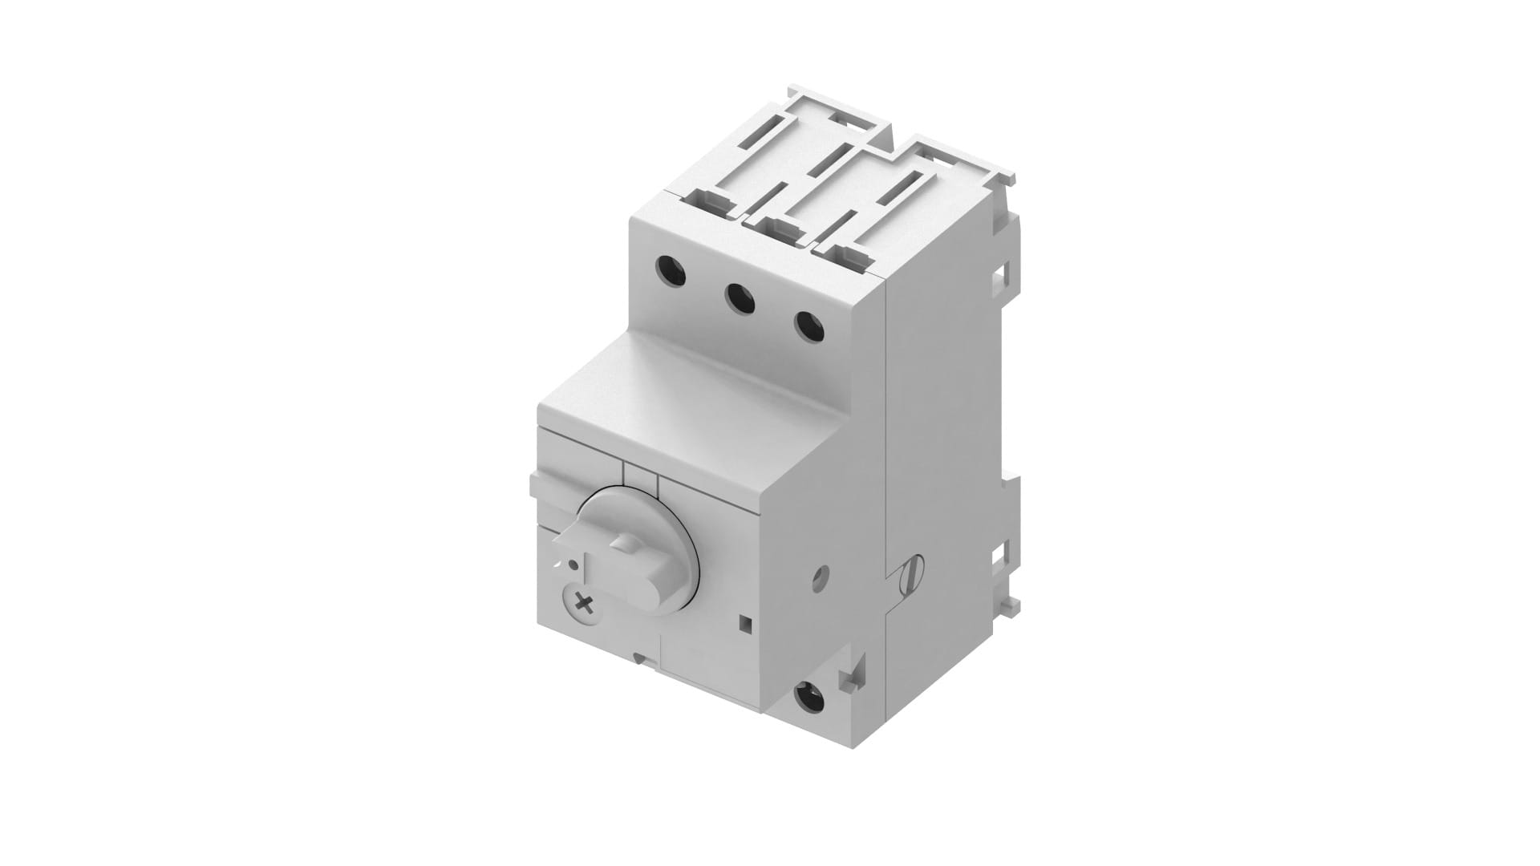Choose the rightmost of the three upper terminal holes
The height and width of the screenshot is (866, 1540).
click(x=808, y=325)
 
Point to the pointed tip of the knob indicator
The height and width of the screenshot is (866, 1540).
click(x=560, y=544)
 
